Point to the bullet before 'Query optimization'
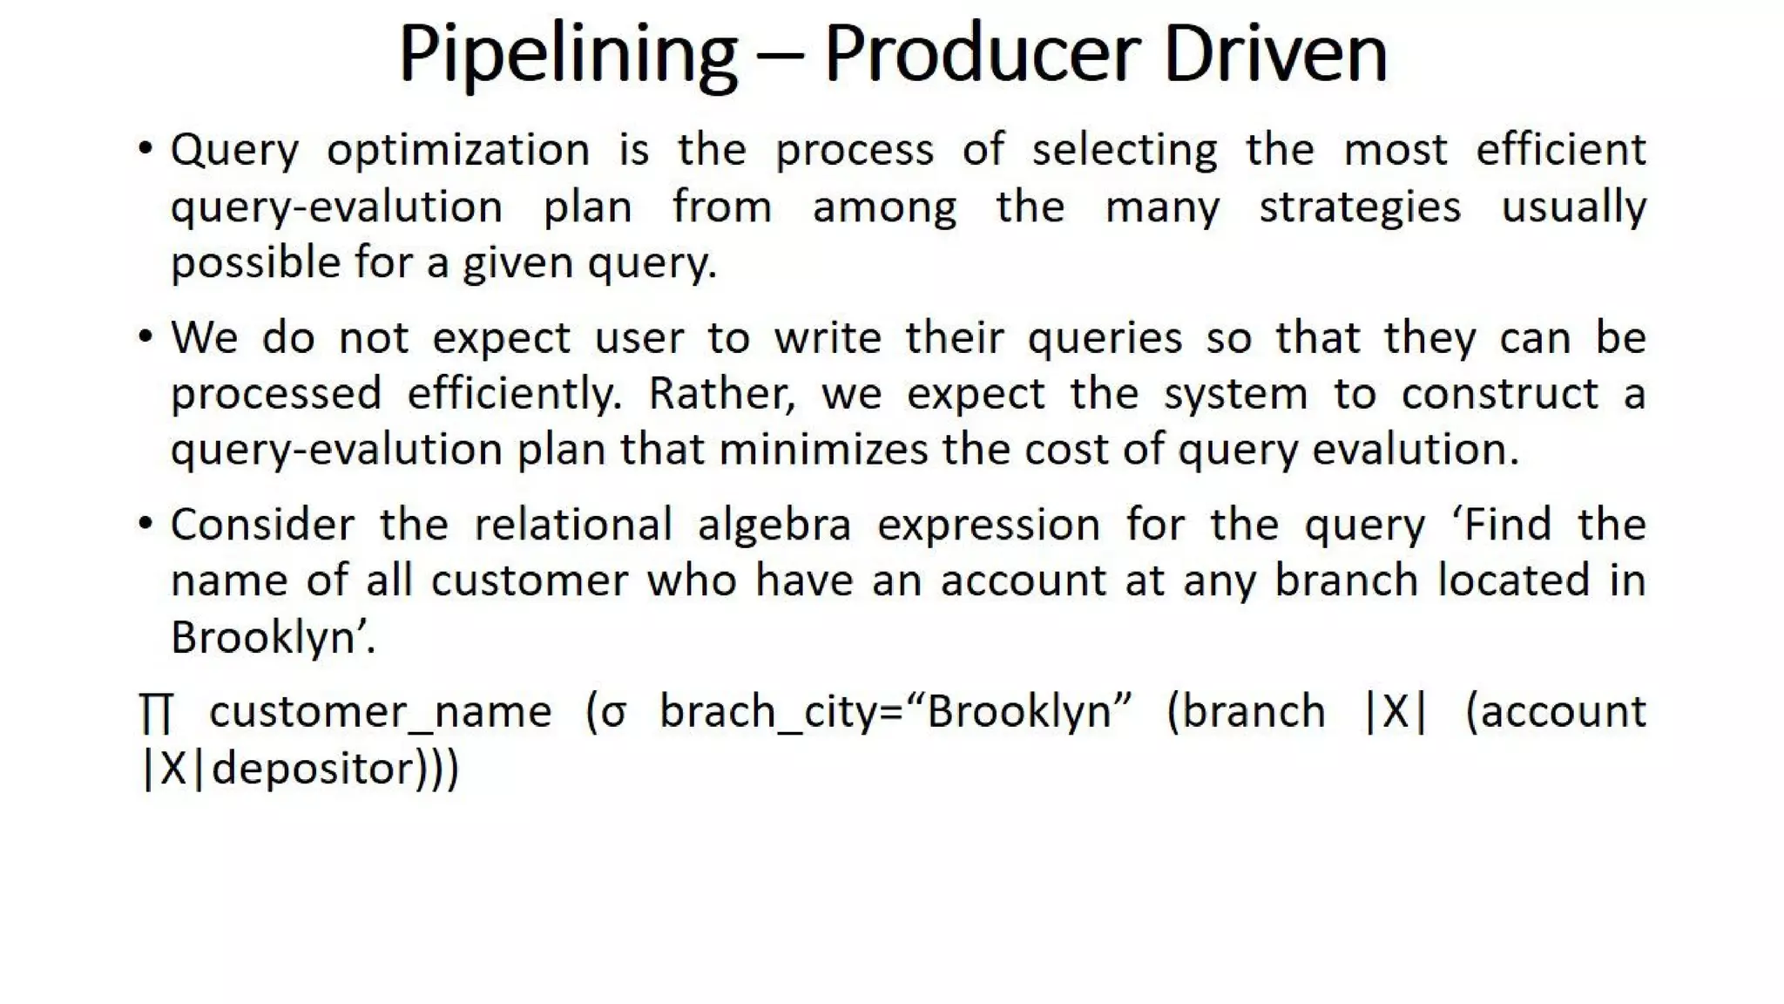145,148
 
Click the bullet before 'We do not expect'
145,336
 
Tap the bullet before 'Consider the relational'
145,523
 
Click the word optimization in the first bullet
458,151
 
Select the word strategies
1360,208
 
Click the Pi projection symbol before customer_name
157,713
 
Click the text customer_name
381,713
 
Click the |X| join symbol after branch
1395,712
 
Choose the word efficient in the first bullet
1560,149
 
